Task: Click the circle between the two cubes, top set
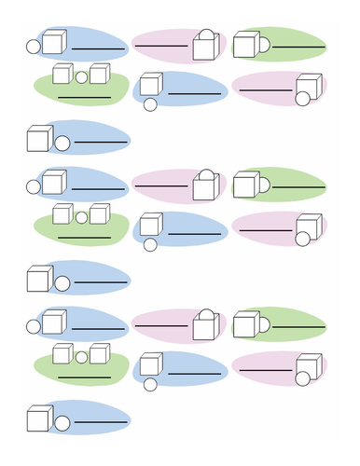[x=81, y=77]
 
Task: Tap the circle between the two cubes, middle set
[x=81, y=217]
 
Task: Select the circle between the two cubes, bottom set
[x=81, y=356]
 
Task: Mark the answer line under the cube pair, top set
[x=84, y=97]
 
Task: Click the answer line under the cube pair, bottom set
[x=84, y=376]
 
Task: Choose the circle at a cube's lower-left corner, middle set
[x=149, y=245]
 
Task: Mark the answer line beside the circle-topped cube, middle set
[x=161, y=186]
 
